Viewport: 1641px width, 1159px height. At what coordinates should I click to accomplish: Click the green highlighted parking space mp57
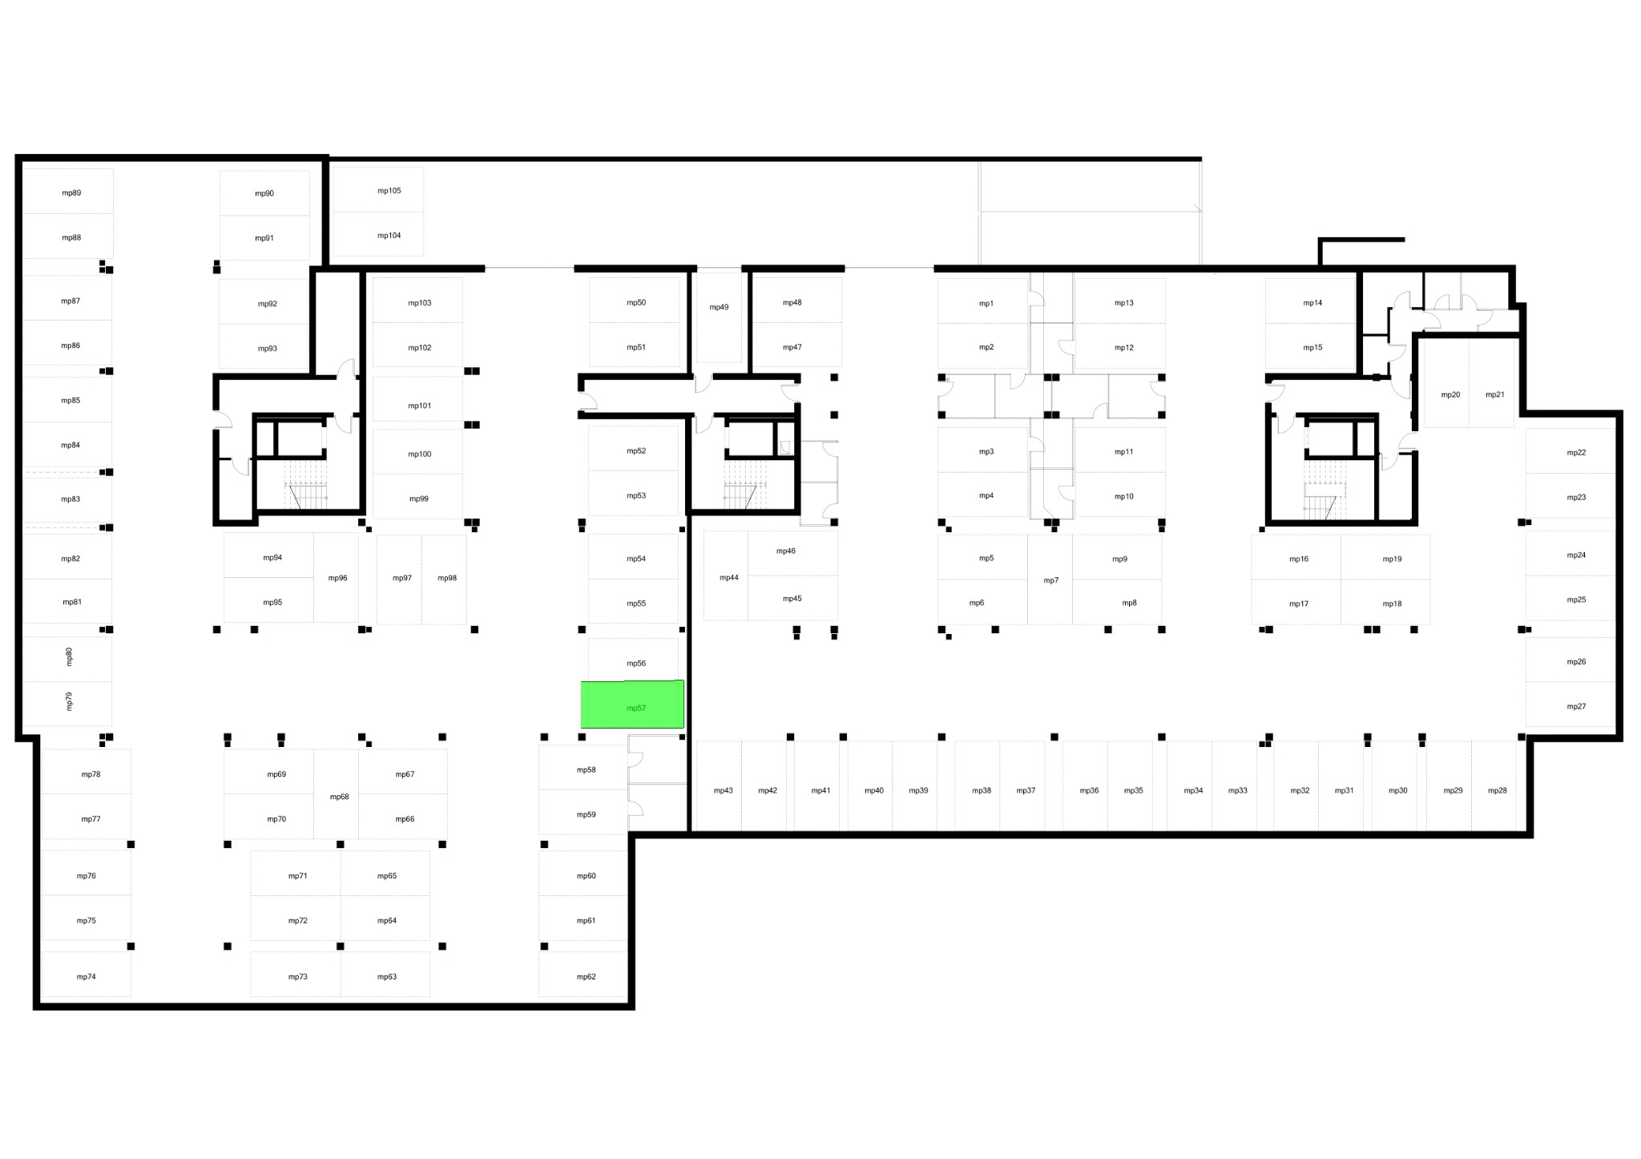632,705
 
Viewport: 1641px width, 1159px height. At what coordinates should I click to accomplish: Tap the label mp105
389,191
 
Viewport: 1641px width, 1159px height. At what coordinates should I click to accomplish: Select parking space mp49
719,317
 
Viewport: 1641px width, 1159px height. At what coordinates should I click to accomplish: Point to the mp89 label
71,193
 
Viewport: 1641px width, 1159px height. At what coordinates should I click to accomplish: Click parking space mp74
86,974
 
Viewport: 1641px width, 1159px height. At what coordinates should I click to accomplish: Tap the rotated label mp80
69,656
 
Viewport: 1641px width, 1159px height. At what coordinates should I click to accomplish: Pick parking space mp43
719,785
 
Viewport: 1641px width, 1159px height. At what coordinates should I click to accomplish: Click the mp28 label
1498,790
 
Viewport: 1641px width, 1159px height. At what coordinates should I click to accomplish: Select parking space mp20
1447,382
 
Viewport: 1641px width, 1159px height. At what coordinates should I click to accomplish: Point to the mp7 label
1051,580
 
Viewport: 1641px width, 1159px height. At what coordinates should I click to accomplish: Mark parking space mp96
336,577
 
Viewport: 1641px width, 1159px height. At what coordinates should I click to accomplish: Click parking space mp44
726,575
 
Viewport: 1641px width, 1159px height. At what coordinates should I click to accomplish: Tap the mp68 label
340,797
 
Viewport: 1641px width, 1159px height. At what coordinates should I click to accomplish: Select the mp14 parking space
1310,301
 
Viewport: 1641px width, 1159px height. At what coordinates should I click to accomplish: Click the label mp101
420,406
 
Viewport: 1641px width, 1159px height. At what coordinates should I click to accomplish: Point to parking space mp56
633,659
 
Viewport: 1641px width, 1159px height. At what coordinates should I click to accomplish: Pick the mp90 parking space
264,192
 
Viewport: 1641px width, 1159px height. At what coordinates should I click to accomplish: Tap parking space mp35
1130,785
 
